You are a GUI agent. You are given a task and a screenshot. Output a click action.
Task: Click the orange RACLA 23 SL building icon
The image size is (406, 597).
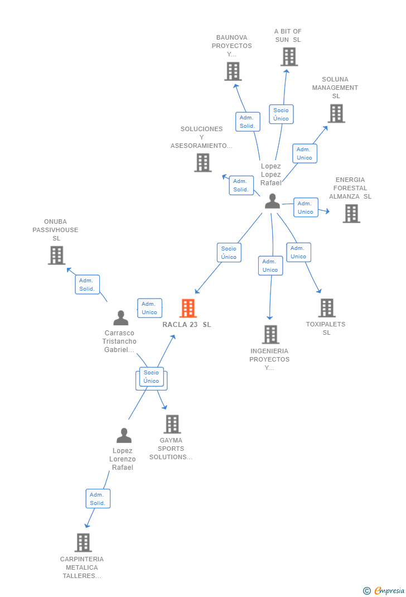188,308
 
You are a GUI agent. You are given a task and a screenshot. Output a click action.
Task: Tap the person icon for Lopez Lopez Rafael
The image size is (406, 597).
273,201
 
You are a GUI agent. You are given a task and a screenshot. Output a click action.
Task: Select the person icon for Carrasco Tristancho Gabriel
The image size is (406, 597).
121,317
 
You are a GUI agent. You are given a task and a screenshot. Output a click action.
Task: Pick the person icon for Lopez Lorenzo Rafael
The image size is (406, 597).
124,435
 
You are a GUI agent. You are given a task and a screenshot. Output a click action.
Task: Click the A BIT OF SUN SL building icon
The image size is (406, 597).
289,57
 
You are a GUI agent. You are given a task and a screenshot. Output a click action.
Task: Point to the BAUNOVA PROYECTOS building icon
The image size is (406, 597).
233,71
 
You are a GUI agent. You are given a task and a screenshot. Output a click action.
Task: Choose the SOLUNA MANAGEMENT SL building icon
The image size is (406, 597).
336,113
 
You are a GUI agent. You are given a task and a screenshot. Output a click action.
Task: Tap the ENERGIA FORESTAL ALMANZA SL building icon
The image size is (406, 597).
351,213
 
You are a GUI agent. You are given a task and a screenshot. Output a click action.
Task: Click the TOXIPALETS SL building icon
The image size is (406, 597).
327,307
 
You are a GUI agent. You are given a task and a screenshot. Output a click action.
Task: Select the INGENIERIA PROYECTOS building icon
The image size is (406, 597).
271,334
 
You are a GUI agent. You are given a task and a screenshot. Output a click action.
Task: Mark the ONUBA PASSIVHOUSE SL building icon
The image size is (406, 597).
57,255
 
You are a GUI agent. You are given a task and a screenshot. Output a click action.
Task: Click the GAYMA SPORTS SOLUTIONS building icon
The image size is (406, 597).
172,424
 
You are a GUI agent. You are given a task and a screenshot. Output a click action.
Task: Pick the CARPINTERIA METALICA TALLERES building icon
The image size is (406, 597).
83,542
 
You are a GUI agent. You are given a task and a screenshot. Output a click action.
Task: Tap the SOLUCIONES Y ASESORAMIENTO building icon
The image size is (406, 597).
203,162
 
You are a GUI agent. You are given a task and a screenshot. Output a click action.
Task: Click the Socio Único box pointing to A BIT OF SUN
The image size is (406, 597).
281,114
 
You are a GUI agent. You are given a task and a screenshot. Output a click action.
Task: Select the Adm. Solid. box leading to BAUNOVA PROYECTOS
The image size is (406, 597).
248,122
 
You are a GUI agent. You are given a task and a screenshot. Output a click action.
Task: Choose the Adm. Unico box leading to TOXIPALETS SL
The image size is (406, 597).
299,252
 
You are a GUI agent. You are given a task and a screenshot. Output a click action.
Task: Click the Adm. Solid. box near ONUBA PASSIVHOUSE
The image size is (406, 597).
87,285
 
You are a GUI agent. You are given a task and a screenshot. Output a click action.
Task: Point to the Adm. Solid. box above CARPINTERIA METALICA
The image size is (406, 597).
98,499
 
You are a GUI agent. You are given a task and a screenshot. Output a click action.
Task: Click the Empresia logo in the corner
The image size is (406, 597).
384,590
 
